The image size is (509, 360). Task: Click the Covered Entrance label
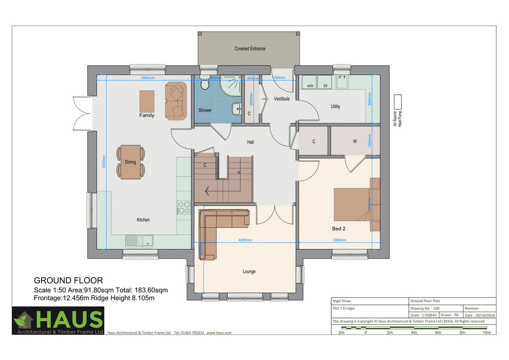pos(250,49)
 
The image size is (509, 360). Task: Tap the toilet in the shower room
pos(205,84)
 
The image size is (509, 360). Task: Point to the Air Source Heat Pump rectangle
pos(397,102)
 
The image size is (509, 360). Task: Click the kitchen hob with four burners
pos(184,208)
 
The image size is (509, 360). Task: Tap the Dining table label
pos(130,162)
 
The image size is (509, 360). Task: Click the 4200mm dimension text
pos(245,240)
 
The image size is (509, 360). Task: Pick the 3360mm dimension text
pos(339,240)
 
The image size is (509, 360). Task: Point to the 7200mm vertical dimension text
pos(104,162)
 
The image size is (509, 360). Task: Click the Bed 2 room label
pos(338,228)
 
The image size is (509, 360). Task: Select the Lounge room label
pos(249,272)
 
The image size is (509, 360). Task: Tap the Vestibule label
pos(282,99)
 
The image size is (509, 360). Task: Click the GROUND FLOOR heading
pos(68,281)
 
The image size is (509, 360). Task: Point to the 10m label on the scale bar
pos(487,332)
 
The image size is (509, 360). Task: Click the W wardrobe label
pos(355,142)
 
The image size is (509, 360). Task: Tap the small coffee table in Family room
pos(147,101)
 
